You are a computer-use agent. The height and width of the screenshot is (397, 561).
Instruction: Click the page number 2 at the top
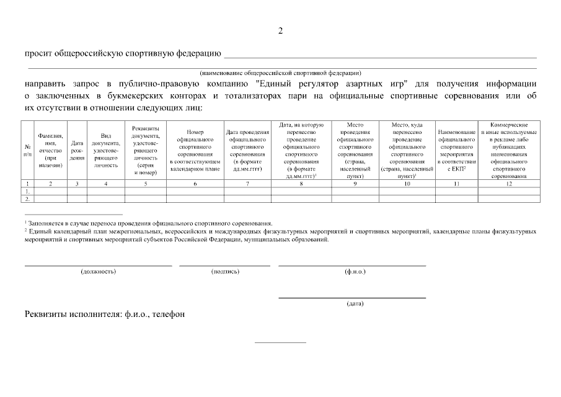280,30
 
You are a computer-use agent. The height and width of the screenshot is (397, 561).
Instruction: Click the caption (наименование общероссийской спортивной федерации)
280,73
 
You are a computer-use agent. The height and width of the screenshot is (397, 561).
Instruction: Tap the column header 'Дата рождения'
77,149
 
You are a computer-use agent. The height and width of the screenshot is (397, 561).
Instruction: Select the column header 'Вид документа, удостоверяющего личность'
106,149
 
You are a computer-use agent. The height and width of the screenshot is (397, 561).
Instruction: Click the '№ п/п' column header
27,149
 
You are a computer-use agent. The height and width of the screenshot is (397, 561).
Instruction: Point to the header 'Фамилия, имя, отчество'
51,149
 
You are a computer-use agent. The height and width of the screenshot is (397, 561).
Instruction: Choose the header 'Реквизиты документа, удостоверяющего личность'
146,149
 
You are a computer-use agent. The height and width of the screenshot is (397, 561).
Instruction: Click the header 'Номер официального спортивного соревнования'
195,149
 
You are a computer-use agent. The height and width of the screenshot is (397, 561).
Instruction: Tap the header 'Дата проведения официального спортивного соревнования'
247,149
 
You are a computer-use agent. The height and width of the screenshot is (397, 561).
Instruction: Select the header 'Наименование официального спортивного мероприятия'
456,149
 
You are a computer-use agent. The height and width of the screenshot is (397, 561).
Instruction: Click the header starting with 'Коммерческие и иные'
508,149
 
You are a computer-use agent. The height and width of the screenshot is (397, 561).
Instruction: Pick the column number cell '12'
508,184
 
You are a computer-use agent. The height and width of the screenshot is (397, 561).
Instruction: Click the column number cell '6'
195,184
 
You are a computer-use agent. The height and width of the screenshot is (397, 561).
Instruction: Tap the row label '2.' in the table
27,198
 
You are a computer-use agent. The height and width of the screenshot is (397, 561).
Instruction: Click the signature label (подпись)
225,271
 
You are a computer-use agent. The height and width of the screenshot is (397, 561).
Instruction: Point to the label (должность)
98,271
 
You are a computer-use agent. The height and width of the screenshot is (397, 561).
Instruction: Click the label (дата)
355,303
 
